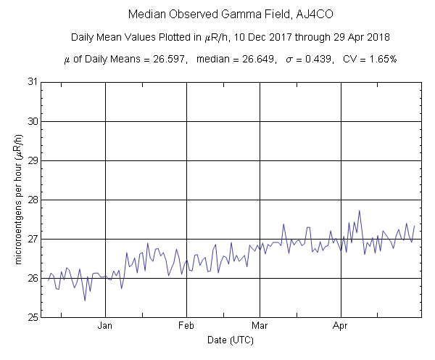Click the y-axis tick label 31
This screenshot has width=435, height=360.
pyautogui.click(x=32, y=81)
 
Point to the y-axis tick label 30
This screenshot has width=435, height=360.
pyautogui.click(x=32, y=120)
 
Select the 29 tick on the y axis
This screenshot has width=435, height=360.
pyautogui.click(x=32, y=160)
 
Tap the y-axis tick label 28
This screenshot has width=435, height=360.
pyautogui.click(x=32, y=199)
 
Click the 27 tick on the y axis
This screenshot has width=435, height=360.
pyautogui.click(x=32, y=238)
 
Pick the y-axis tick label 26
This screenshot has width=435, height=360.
pyautogui.click(x=32, y=278)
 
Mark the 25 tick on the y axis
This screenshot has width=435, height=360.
pyautogui.click(x=32, y=317)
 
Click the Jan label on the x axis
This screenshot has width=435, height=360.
pyautogui.click(x=106, y=326)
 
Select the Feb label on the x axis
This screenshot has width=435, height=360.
pyautogui.click(x=187, y=326)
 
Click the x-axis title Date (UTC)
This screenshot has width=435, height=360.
pyautogui.click(x=231, y=340)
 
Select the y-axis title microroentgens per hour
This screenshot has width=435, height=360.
pyautogui.click(x=15, y=200)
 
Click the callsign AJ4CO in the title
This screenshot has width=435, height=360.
pyautogui.click(x=315, y=15)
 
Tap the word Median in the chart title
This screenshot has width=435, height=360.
pyautogui.click(x=144, y=15)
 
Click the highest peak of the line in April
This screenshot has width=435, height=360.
pyautogui.click(x=360, y=210)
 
